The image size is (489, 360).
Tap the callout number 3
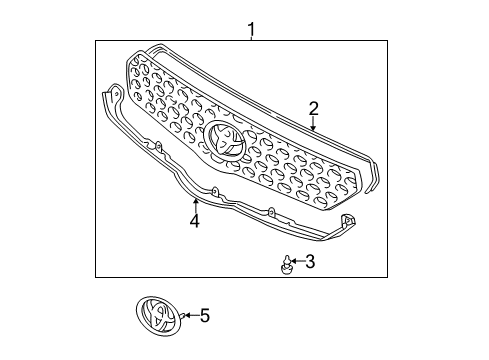[x=310, y=262]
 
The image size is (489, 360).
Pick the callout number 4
[x=195, y=220]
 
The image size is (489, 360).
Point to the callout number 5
[x=205, y=316]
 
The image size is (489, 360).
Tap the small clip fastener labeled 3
[x=286, y=264]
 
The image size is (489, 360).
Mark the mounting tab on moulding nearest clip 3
[x=270, y=212]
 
